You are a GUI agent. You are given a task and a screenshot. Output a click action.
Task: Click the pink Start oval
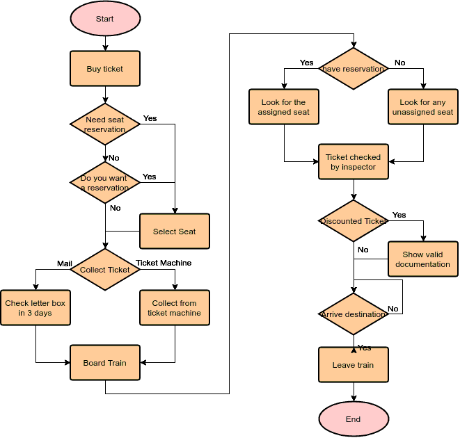105,19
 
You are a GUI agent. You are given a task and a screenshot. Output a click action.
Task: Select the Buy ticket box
105,69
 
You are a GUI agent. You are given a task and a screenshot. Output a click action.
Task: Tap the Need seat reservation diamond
105,124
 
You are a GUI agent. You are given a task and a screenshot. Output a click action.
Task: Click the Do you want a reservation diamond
105,183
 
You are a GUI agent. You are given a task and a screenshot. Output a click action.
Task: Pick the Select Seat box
174,232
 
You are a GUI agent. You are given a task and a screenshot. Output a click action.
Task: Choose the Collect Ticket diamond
105,270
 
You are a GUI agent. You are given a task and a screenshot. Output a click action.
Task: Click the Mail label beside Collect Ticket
65,263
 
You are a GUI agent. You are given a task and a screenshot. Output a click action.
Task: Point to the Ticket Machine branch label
164,263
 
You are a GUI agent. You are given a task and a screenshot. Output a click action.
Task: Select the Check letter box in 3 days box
35,308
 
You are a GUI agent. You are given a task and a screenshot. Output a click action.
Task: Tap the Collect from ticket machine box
174,308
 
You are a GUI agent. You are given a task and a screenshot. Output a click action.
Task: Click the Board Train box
105,363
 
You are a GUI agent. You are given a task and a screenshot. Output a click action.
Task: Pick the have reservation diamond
354,69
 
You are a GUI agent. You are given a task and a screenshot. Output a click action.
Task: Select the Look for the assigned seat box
284,107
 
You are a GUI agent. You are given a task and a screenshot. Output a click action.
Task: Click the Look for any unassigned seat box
422,107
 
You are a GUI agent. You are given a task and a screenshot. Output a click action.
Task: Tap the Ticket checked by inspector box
354,162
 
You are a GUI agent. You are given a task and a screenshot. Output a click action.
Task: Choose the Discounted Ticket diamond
354,221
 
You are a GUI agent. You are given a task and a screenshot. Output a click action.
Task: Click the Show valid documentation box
422,259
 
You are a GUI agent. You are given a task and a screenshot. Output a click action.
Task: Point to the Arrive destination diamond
354,314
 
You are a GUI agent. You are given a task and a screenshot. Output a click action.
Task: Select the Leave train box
354,365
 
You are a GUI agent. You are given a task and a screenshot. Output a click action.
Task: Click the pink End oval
354,419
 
